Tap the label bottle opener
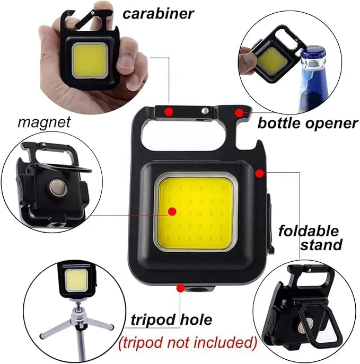click(x=308, y=123)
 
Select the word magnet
click(x=44, y=122)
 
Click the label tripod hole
click(x=171, y=319)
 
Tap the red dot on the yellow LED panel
click(x=171, y=211)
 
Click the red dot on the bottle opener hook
click(x=240, y=112)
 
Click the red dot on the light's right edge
click(x=259, y=173)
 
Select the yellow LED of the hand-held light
click(x=91, y=59)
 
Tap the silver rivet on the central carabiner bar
click(x=204, y=111)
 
